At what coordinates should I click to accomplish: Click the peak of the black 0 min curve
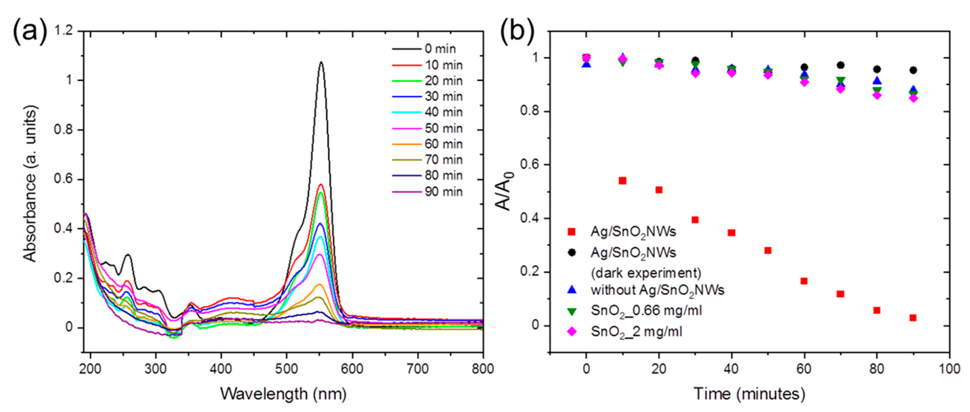point(321,62)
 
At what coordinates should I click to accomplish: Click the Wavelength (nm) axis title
point(283,394)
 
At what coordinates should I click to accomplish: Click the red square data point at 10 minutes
point(622,181)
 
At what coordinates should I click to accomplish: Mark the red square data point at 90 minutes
point(913,318)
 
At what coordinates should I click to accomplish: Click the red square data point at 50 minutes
point(768,250)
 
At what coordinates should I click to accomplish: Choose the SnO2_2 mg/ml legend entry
point(636,332)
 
